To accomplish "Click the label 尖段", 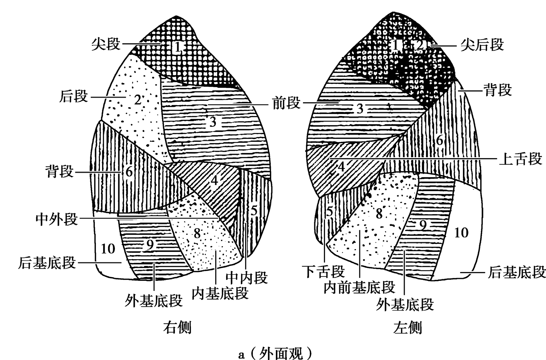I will tap(106, 44).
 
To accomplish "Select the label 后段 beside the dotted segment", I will tap(74, 97).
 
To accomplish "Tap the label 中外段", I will tap(57, 219).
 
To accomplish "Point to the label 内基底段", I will tap(220, 293).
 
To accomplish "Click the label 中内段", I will tap(247, 278).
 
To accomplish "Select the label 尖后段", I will tap(482, 45).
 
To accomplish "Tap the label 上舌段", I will tap(520, 159).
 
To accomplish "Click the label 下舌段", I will tap(324, 272).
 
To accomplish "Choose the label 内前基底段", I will tap(359, 287).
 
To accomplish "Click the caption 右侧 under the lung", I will tap(177, 327).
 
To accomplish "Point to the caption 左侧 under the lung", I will tap(408, 327).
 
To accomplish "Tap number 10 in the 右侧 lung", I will tap(108, 249).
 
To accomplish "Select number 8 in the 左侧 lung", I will tap(379, 214).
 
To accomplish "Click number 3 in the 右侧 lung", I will tap(213, 122).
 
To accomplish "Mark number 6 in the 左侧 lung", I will tap(440, 140).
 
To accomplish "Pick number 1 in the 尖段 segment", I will tap(177, 47).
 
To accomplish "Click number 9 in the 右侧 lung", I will tap(150, 245).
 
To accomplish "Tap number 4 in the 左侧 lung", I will tap(341, 167).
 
